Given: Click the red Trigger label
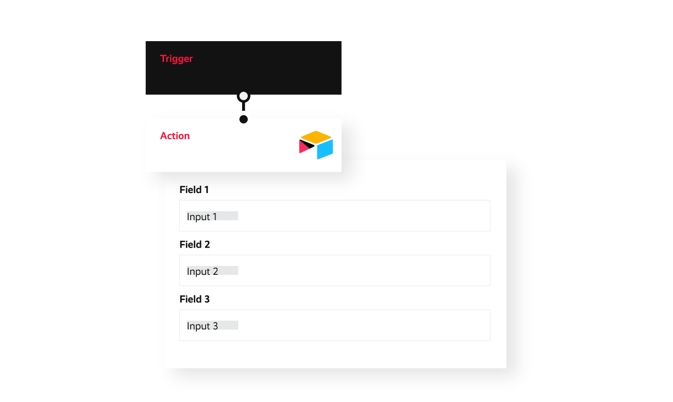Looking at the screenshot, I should coord(176,58).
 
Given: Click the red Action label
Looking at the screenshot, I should coord(175,136).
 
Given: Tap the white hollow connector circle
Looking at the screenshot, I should coord(243,97).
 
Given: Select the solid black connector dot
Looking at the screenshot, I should coord(243,119).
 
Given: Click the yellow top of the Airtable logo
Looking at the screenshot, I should coord(316,137).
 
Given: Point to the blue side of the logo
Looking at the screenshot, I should coord(325,149).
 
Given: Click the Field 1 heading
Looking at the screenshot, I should coord(194,190).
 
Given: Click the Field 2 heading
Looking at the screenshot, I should coord(194,244).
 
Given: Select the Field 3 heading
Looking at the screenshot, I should coord(194,299).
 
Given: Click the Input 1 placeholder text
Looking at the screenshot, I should coord(202,217).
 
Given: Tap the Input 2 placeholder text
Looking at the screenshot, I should coord(202,272).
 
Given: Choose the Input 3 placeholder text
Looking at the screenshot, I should coord(202,326).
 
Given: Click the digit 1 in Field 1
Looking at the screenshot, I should coord(207,190).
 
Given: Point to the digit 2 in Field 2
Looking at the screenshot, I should coord(207,244).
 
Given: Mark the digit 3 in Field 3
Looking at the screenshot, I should coord(207,299).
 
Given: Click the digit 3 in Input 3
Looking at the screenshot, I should coord(215,326).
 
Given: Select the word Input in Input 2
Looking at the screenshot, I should coord(198,272).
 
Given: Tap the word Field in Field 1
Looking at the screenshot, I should coord(190,190).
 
